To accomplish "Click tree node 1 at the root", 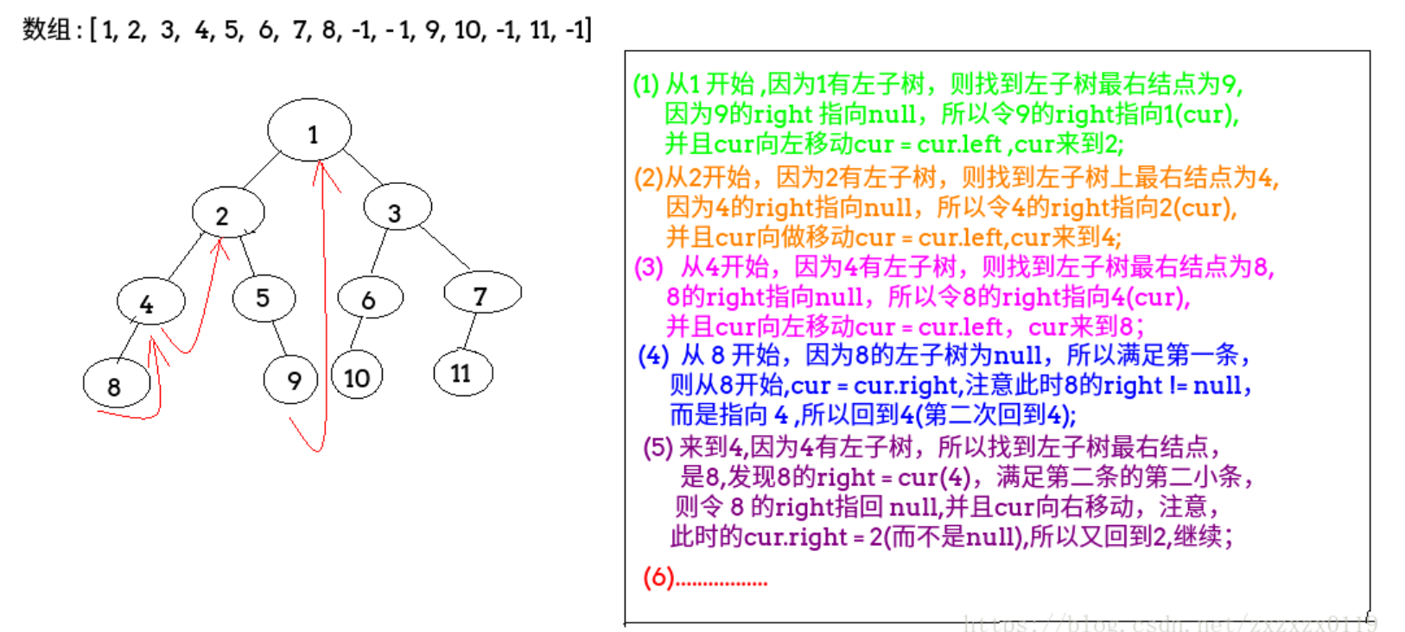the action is click(x=309, y=130).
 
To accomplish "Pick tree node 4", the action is click(x=150, y=301).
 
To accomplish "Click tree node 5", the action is click(x=264, y=298).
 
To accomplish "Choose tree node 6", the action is click(x=370, y=299).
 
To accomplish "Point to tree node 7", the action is click(x=482, y=294).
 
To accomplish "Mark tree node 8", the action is click(x=117, y=384).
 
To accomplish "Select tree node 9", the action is click(x=291, y=380).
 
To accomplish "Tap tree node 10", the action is click(x=357, y=376).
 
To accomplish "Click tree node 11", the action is click(x=462, y=373).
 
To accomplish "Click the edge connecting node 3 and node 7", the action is click(x=443, y=246).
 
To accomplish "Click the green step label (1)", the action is click(x=645, y=85).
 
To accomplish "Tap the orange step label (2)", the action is click(x=648, y=177).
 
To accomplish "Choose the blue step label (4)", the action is click(x=653, y=356).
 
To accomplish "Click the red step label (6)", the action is click(x=658, y=577).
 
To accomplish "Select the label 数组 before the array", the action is click(x=47, y=29).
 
